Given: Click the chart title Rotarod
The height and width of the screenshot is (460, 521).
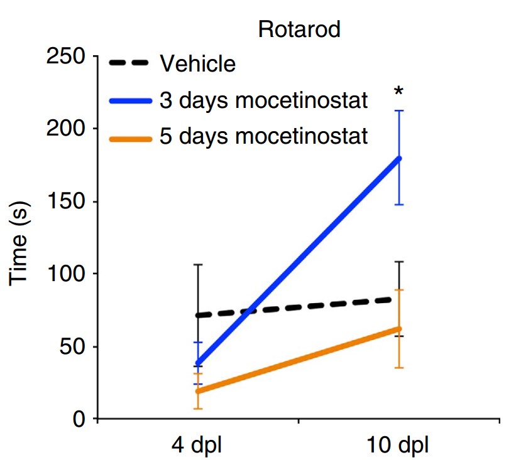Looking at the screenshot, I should [299, 29].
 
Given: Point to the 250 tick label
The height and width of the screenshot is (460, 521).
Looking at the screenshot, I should [66, 56].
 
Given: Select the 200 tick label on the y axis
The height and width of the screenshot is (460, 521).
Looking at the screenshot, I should [66, 129].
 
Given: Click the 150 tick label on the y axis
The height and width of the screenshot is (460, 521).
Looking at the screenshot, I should [66, 202].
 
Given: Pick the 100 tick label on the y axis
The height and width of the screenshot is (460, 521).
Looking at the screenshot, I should [66, 274].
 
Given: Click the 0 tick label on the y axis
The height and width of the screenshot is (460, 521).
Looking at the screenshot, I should [79, 419].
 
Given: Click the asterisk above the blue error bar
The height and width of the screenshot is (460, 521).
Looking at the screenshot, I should [398, 93].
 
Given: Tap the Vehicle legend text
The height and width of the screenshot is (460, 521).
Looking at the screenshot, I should [197, 63].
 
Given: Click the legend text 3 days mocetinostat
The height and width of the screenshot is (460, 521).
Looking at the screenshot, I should [263, 100].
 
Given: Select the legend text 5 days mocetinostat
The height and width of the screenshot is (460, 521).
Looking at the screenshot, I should [263, 135].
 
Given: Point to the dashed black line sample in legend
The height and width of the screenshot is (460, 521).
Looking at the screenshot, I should [129, 63].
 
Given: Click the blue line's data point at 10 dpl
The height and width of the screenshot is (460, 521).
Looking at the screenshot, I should [398, 158].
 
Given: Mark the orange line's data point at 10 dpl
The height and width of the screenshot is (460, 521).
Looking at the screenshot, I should [398, 329].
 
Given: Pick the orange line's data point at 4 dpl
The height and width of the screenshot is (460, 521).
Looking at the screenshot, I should [198, 391].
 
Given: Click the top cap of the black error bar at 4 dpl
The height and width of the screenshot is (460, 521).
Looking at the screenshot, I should [198, 265].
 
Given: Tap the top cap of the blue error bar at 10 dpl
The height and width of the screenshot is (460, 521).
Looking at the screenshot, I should [398, 111].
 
